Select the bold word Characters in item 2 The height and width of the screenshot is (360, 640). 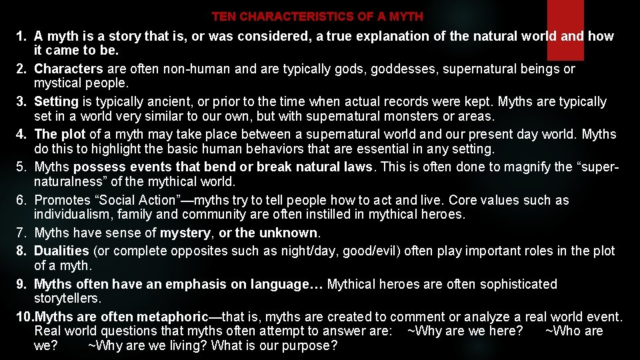[x=69, y=69]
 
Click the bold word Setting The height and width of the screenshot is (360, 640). [x=56, y=101]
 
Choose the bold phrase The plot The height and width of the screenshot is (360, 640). [x=60, y=134]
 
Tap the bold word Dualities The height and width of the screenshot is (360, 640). [x=61, y=251]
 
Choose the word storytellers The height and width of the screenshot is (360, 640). [x=67, y=298]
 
